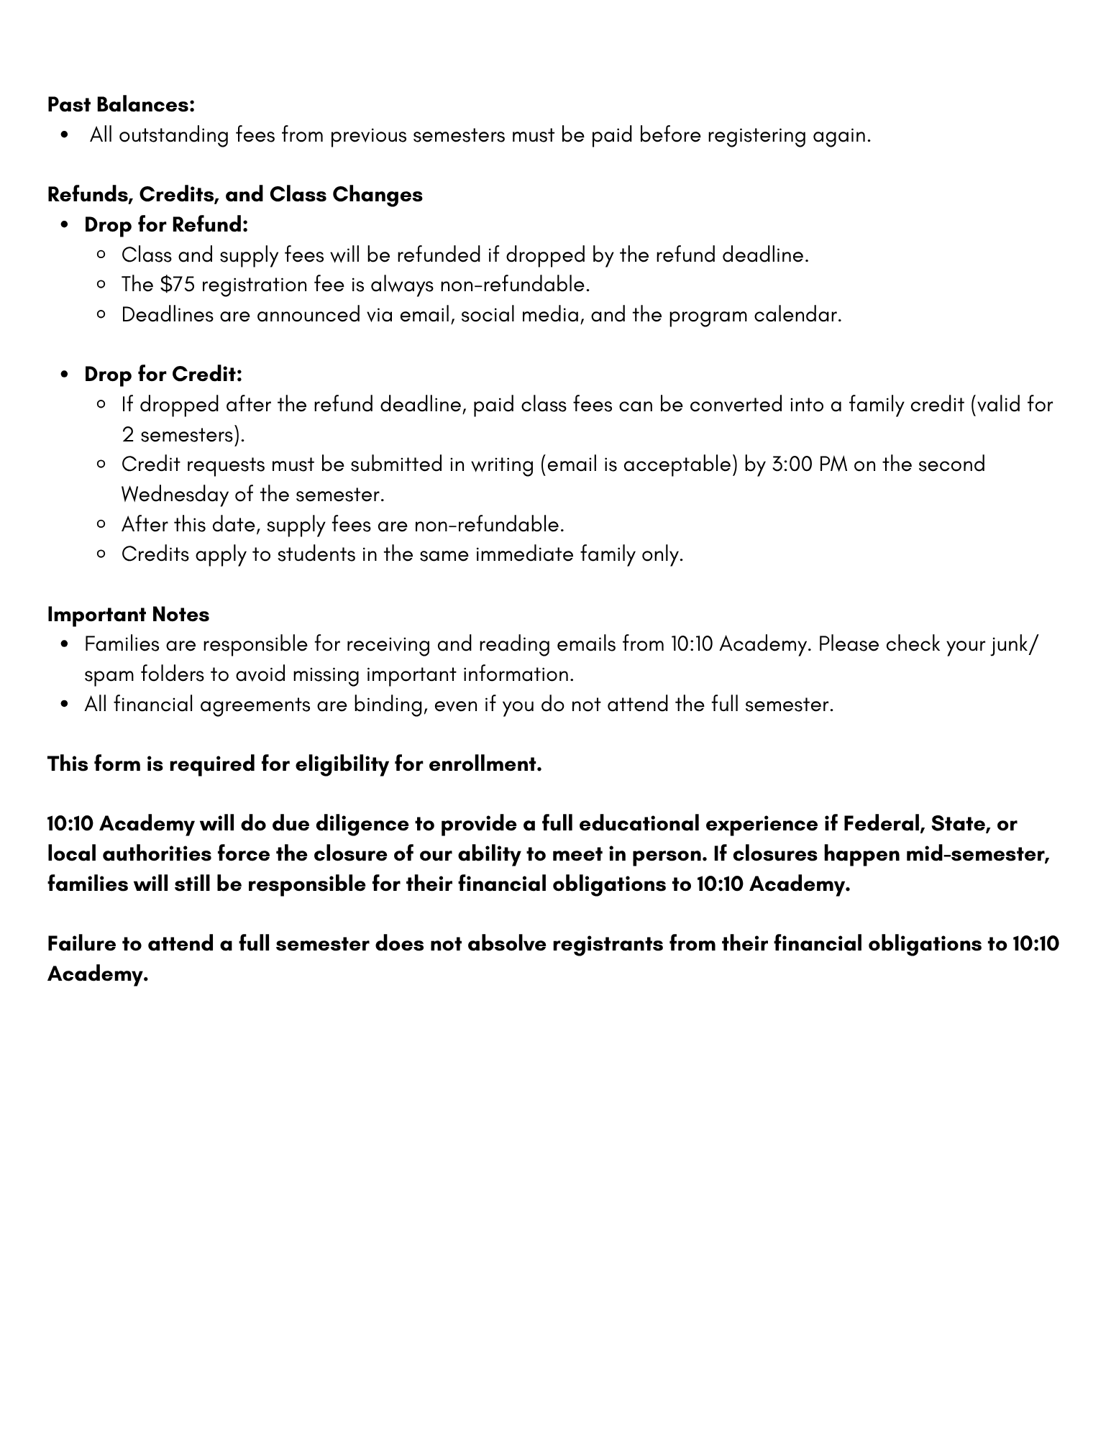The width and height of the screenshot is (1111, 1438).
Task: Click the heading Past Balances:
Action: [121, 105]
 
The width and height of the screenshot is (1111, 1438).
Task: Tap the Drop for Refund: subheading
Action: [166, 225]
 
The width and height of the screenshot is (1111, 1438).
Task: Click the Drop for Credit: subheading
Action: [163, 375]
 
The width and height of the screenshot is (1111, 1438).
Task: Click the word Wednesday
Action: [175, 495]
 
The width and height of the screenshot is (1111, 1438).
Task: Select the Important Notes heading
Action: [128, 615]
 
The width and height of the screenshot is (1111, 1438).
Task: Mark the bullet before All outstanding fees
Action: [66, 136]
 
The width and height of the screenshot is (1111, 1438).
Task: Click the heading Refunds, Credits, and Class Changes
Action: [235, 195]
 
